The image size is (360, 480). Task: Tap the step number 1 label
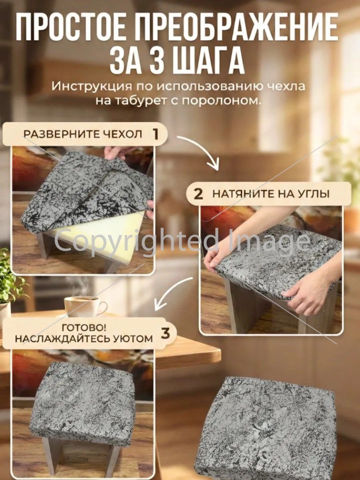coord(156,134)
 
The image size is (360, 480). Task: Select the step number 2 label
coord(198,194)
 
